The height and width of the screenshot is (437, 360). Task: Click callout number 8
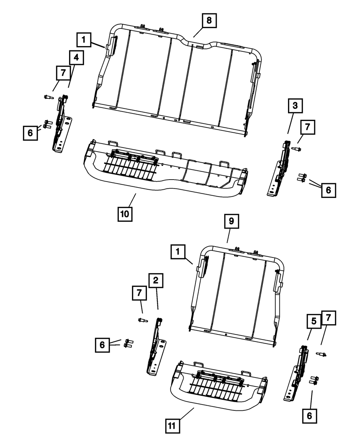(209, 21)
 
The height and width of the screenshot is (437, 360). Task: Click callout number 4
(77, 58)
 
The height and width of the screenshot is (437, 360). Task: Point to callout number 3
(295, 106)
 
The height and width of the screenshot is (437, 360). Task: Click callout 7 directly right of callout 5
(329, 318)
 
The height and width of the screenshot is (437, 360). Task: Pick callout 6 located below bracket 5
(310, 416)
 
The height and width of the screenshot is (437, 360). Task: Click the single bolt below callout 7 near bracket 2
(143, 320)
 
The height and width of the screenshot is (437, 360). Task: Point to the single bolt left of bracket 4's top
(48, 97)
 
